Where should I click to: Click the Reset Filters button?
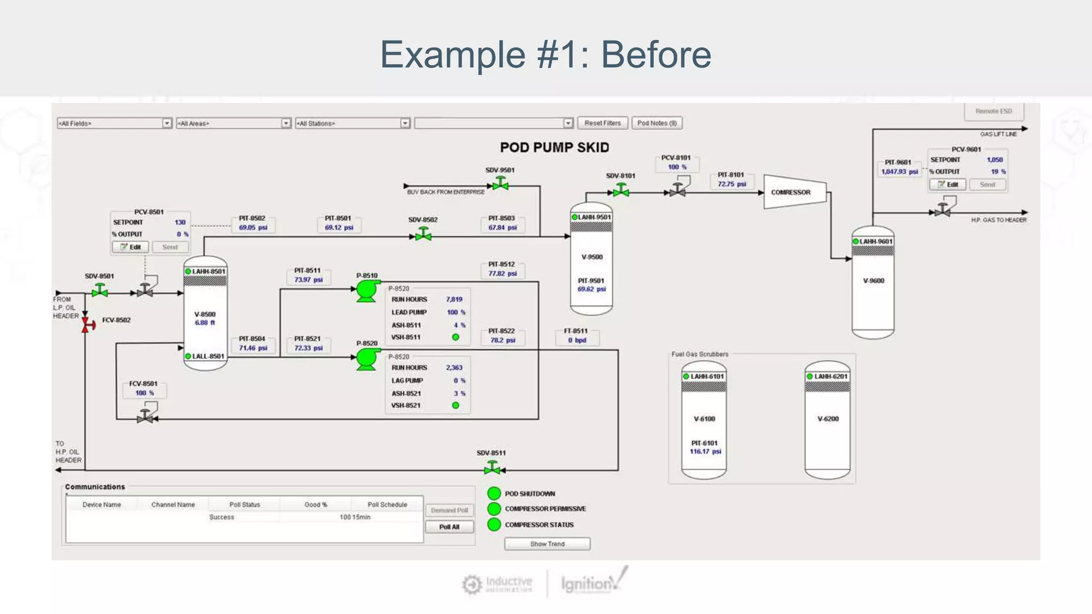pyautogui.click(x=603, y=123)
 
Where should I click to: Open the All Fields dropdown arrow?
pyautogui.click(x=167, y=124)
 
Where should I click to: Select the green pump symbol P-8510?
pyautogui.click(x=366, y=291)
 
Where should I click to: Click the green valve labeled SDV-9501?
pyautogui.click(x=500, y=184)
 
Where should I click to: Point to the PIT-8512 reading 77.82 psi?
pyautogui.click(x=502, y=273)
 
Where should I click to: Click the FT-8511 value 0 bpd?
pyautogui.click(x=577, y=340)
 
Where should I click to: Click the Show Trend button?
pyautogui.click(x=547, y=544)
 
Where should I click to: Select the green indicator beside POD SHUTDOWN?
pyautogui.click(x=494, y=494)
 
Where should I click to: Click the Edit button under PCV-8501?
pyautogui.click(x=131, y=247)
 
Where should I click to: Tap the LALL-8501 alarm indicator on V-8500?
pyautogui.click(x=188, y=356)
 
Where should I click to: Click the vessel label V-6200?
pyautogui.click(x=828, y=419)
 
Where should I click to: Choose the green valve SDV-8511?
pyautogui.click(x=492, y=468)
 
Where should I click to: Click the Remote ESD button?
pyautogui.click(x=993, y=111)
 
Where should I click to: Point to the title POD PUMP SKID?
pyautogui.click(x=555, y=148)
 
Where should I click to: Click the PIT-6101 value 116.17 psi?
pyautogui.click(x=705, y=451)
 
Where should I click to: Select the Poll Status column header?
pyautogui.click(x=245, y=504)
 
